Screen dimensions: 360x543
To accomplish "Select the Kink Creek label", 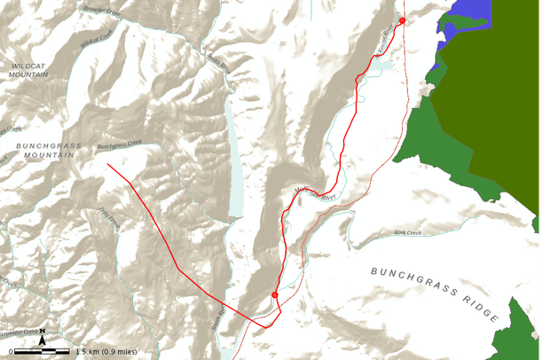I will point(407,233).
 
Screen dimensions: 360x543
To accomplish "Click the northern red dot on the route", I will point(402,20).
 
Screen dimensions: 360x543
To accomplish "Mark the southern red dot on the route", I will point(275,294).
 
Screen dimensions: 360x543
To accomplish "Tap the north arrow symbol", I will point(42,335).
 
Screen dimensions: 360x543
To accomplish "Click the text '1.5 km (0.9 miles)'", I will point(106,352).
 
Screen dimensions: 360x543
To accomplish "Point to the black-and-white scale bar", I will point(40,352).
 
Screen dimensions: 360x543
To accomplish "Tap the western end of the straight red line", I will point(108,164).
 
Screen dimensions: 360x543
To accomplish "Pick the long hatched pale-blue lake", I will point(234,151).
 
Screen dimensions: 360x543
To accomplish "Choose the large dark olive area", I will point(497,98).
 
